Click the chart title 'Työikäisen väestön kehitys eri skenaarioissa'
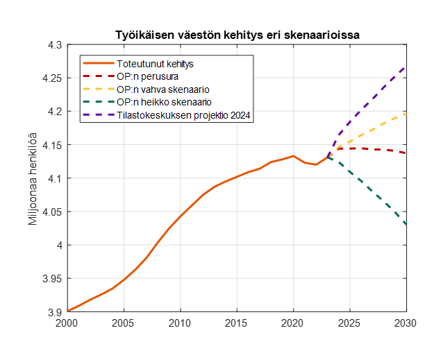[x=237, y=35]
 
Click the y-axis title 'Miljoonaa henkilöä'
[x=32, y=178]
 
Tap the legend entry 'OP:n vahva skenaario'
[x=162, y=90]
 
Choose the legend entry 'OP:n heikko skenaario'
[x=164, y=103]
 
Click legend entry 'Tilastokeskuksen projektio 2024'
[x=183, y=116]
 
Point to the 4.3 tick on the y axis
[x=55, y=45]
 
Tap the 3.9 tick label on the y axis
[x=55, y=312]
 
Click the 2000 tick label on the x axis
[x=67, y=323]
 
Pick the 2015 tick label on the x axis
[x=237, y=323]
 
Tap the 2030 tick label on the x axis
[x=406, y=323]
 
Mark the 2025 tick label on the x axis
[x=350, y=323]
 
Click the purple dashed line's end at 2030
[x=406, y=67]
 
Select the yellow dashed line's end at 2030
[x=406, y=114]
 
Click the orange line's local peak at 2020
[x=293, y=156]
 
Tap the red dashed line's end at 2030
[x=406, y=153]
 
